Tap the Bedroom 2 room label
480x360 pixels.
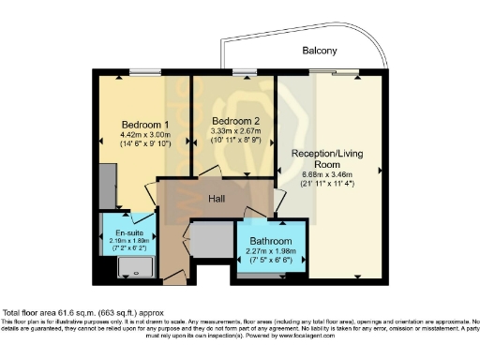pyautogui.click(x=231, y=122)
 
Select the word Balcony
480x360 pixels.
pyautogui.click(x=319, y=51)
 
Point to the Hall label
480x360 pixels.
pyautogui.click(x=217, y=199)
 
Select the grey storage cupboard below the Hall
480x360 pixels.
pyautogui.click(x=211, y=241)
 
